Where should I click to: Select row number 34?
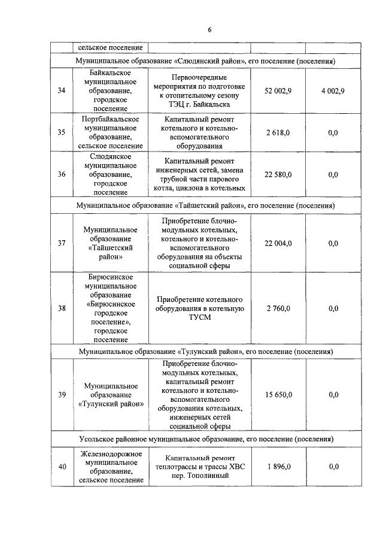pos(61,90)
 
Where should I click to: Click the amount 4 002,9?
pos(333,90)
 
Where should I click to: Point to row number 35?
pos(61,132)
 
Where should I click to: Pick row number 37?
pos(61,243)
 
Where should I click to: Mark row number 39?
pos(61,394)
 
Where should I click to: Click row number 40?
pos(61,467)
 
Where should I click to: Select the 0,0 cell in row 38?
pos(333,308)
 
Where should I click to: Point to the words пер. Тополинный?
pos(200,476)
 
